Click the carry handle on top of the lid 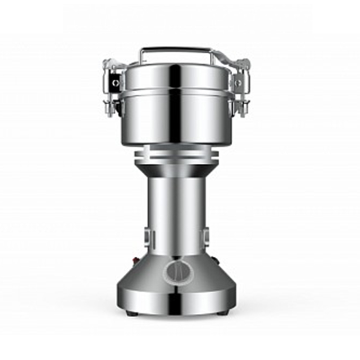tap(176, 48)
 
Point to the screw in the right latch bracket tap(238, 83)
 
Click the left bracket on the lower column tap(148, 236)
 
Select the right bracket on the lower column tap(205, 236)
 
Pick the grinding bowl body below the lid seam tap(176, 120)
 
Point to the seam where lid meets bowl tap(176, 93)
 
